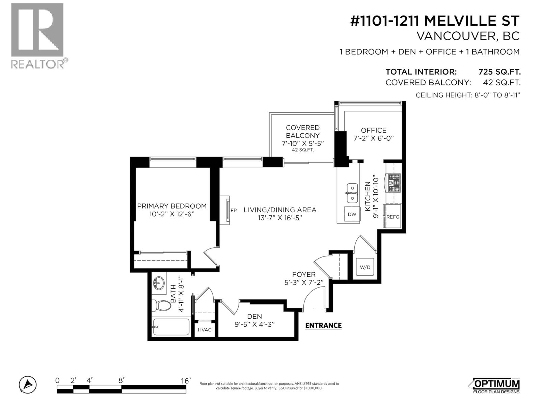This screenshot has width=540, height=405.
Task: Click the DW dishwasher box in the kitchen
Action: pyautogui.click(x=352, y=214)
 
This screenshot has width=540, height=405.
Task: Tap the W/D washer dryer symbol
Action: pyautogui.click(x=365, y=267)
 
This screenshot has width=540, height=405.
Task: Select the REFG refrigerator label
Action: pyautogui.click(x=393, y=217)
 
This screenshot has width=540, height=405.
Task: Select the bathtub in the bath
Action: pyautogui.click(x=171, y=327)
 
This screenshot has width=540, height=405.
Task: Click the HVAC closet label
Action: pyautogui.click(x=205, y=330)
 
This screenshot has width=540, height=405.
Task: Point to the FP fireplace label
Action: pyautogui.click(x=234, y=210)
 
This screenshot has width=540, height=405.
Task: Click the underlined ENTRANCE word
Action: pyautogui.click(x=323, y=325)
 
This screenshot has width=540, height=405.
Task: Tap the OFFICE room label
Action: pyautogui.click(x=373, y=130)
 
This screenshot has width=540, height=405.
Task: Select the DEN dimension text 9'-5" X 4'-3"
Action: pyautogui.click(x=254, y=325)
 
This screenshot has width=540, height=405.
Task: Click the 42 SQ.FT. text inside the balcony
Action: pyautogui.click(x=302, y=150)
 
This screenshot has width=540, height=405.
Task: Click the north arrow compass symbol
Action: pyautogui.click(x=28, y=384)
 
